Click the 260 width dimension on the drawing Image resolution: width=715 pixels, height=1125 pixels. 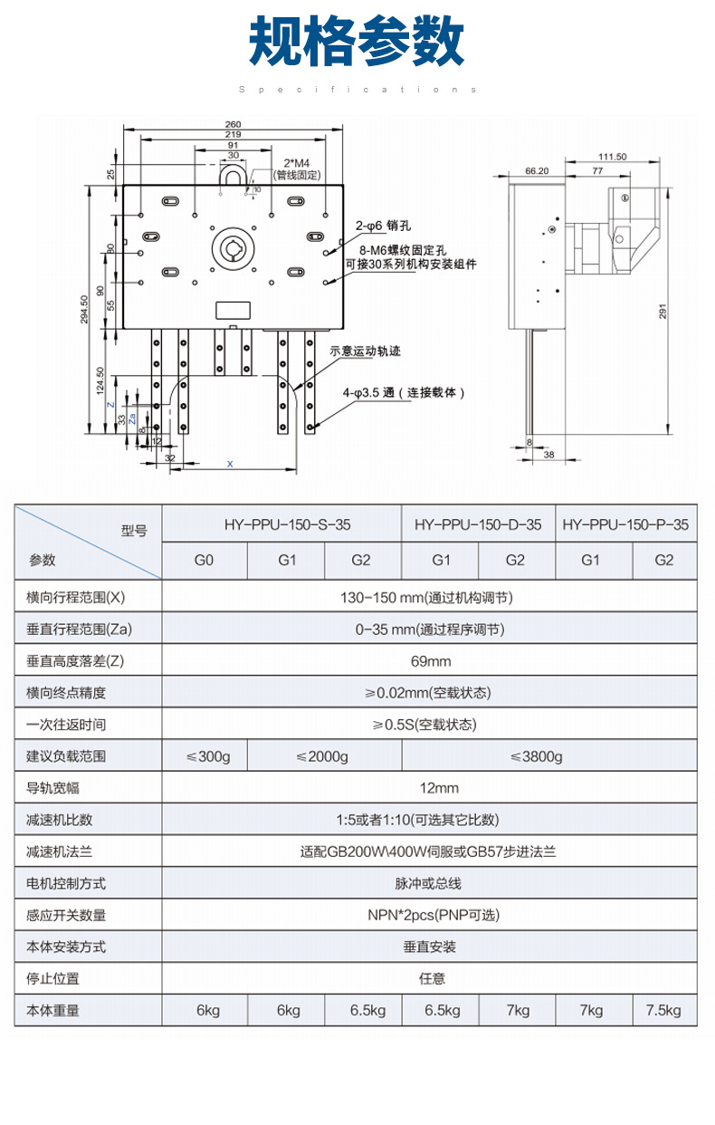click(x=233, y=124)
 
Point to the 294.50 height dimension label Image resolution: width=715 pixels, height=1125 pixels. click(x=84, y=310)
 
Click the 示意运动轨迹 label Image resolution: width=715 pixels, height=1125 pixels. click(x=365, y=351)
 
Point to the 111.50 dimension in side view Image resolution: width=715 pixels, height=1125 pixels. click(x=613, y=157)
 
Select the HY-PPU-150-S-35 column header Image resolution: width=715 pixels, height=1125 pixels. click(x=281, y=524)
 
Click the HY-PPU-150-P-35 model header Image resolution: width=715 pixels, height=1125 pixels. click(x=625, y=524)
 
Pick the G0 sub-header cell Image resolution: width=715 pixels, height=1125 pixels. click(x=205, y=560)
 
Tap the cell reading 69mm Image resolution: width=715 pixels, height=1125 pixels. click(x=430, y=660)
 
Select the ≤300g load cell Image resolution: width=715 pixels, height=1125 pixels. click(x=205, y=756)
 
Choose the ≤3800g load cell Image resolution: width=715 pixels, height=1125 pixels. click(x=536, y=756)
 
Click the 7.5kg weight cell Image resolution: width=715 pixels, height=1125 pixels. click(x=663, y=1010)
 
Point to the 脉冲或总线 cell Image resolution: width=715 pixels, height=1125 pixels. click(x=430, y=883)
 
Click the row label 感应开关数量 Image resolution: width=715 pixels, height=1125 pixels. click(x=66, y=915)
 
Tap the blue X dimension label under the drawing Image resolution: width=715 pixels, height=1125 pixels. click(x=230, y=464)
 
